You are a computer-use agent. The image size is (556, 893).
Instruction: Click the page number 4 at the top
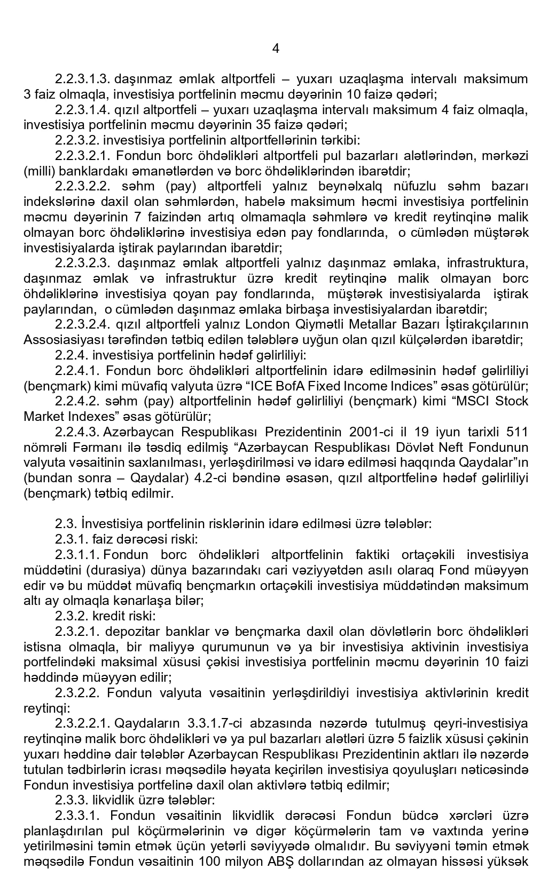(276, 49)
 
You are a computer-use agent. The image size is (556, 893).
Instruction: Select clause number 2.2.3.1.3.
(82, 79)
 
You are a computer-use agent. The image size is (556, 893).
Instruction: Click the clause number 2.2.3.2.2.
(82, 187)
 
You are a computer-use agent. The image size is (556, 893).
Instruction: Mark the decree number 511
(518, 432)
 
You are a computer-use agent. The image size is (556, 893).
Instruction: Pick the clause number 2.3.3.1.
(78, 816)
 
